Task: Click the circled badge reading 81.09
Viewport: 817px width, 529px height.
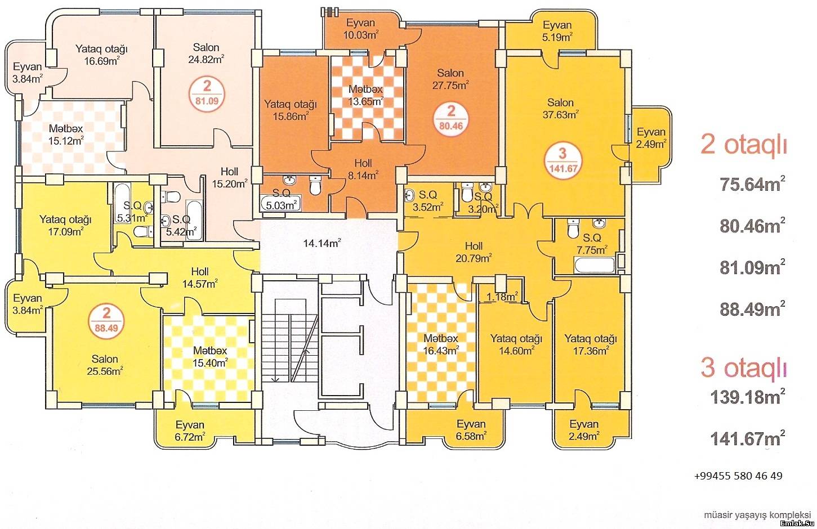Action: (207, 94)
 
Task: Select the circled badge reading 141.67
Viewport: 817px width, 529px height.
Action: (563, 162)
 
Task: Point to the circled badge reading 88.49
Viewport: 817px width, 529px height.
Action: (106, 321)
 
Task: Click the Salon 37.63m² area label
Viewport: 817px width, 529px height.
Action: (560, 108)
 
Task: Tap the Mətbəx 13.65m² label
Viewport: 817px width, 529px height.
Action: (365, 95)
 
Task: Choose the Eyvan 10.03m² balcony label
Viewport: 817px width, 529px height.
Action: (360, 29)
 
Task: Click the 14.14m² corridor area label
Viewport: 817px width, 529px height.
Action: (322, 243)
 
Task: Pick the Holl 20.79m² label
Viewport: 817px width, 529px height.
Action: (474, 252)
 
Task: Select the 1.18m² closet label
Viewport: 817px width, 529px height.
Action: (502, 297)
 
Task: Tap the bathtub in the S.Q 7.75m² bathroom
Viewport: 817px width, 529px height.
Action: (594, 264)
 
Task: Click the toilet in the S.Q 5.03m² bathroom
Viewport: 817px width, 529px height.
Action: (315, 185)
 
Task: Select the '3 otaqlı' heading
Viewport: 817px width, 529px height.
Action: (743, 368)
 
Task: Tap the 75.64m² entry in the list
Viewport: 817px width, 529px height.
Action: (752, 184)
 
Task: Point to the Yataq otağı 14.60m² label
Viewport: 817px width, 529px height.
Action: (516, 344)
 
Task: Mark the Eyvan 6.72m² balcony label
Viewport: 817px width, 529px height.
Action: (190, 431)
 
